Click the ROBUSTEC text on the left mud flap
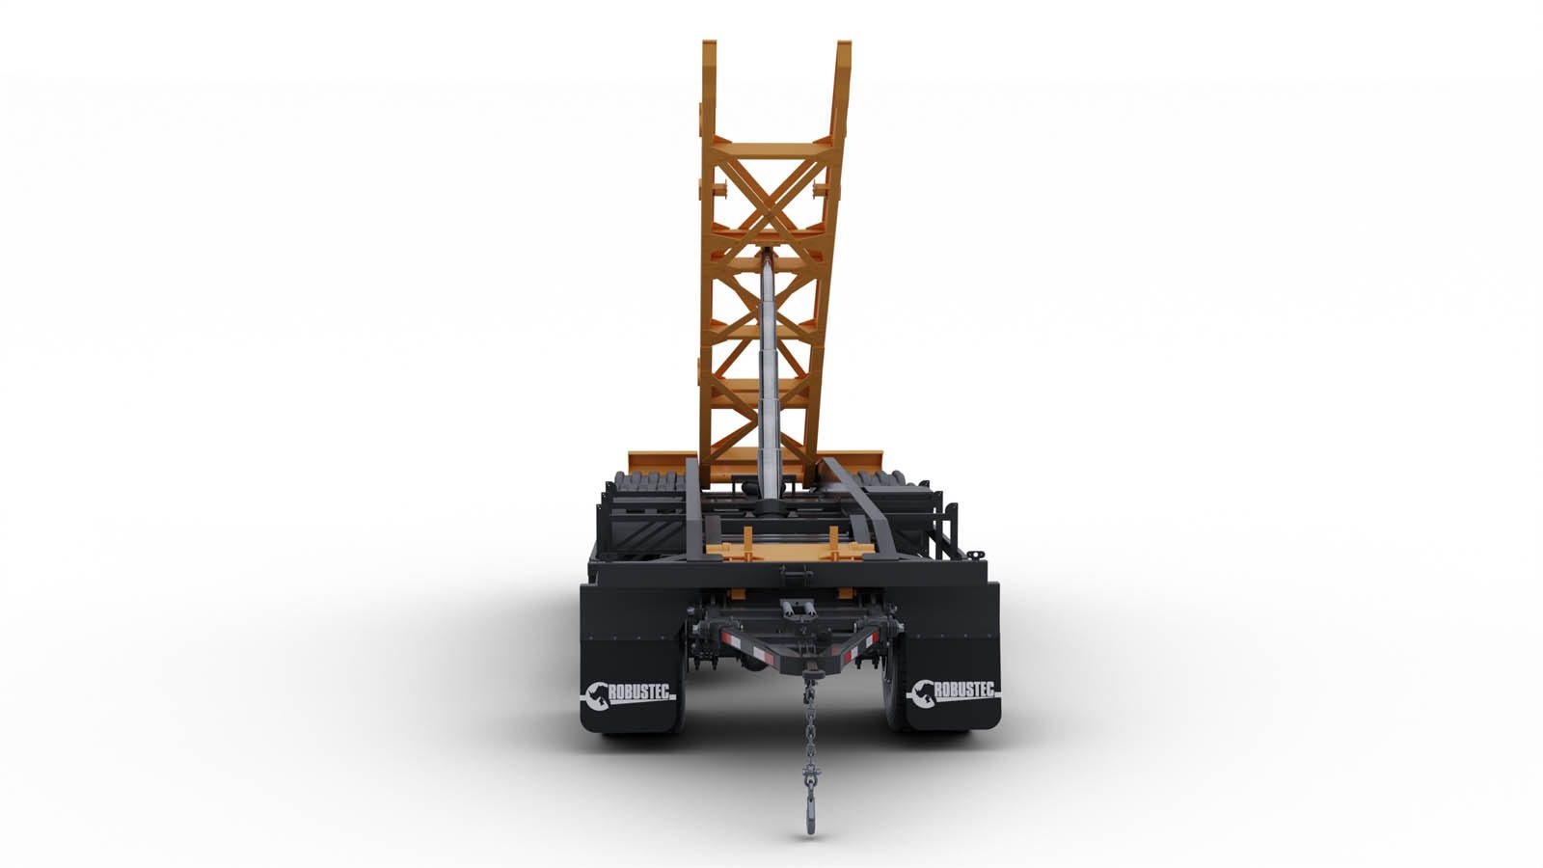click(640, 692)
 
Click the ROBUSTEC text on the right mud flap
click(964, 690)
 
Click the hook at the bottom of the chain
click(811, 815)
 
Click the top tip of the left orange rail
click(709, 41)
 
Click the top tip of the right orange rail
click(844, 42)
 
